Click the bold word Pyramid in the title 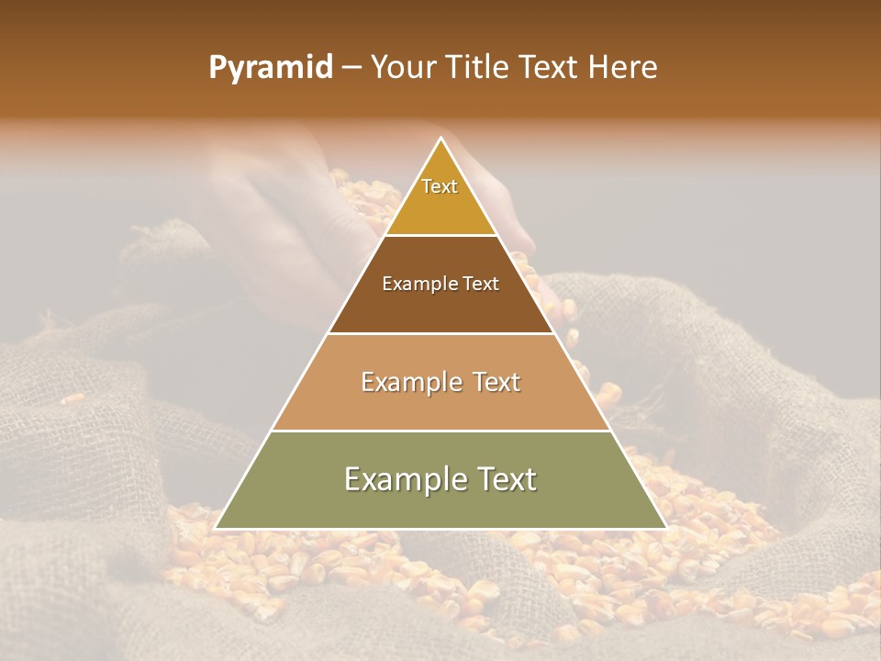point(270,68)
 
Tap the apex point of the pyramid point(440,139)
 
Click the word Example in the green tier point(399,479)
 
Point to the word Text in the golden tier point(440,186)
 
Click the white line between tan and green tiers point(440,431)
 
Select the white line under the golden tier point(440,235)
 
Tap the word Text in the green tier point(504,479)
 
